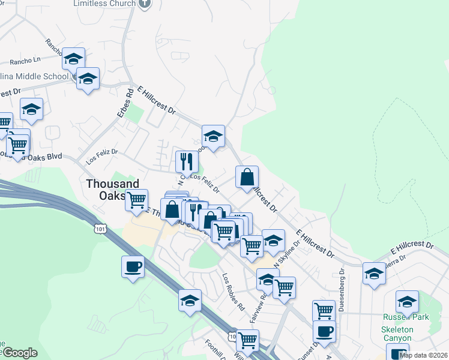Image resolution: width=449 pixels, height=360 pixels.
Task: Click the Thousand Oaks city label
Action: tap(112, 190)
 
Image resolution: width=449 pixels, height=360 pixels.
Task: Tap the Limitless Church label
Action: tap(103, 4)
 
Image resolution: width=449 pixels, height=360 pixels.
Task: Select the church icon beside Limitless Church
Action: tap(143, 4)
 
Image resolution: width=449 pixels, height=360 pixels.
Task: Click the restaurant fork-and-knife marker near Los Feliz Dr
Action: tap(187, 161)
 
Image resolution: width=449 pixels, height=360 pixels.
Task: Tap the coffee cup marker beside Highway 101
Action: tap(133, 266)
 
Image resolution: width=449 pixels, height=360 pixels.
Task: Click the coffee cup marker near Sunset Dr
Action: tap(324, 331)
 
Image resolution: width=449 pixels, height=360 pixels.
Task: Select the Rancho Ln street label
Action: tap(27, 60)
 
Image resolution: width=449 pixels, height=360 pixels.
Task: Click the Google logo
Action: tap(19, 353)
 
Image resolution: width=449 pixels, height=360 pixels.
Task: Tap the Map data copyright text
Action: tap(423, 355)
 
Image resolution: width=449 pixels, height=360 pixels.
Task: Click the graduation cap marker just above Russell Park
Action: tap(407, 301)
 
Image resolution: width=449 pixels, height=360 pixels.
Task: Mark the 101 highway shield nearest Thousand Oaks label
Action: tap(100, 229)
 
